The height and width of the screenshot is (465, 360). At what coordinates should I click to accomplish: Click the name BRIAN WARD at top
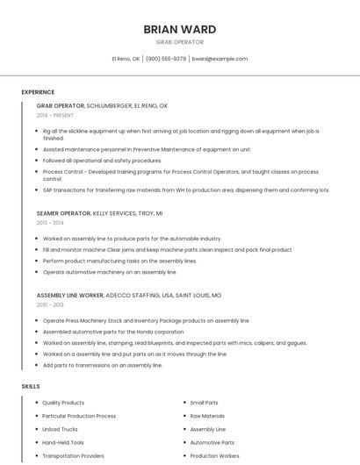[179, 29]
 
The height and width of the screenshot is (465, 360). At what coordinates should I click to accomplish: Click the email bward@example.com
[220, 59]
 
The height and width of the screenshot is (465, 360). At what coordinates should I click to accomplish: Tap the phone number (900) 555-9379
[166, 59]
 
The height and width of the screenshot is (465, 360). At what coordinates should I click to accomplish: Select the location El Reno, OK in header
[126, 59]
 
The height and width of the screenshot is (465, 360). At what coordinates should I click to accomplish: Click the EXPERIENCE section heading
[38, 92]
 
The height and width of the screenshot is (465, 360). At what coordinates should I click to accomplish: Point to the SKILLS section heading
[31, 386]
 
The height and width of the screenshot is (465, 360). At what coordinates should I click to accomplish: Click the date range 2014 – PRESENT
[55, 115]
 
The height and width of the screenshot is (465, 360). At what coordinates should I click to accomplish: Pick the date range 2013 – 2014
[50, 223]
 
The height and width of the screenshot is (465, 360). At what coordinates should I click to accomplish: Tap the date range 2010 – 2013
[50, 304]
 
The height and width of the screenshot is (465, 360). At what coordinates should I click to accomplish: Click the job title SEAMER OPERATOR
[63, 213]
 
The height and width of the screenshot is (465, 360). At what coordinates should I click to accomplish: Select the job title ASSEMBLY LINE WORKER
[73, 296]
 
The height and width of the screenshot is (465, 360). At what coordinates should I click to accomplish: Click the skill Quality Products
[63, 403]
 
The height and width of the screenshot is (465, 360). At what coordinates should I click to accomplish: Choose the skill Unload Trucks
[60, 429]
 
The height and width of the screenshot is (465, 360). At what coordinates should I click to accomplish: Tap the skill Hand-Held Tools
[63, 443]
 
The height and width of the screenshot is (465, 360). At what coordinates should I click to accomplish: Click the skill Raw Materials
[207, 416]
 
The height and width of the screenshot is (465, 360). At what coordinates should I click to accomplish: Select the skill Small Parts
[204, 403]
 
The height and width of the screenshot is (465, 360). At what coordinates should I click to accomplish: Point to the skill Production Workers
[215, 456]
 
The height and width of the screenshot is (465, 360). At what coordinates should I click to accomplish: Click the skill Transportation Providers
[73, 456]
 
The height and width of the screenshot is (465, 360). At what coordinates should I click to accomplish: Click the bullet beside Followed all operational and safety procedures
[37, 161]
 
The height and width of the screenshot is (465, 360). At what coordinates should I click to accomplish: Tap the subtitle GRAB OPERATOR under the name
[179, 42]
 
